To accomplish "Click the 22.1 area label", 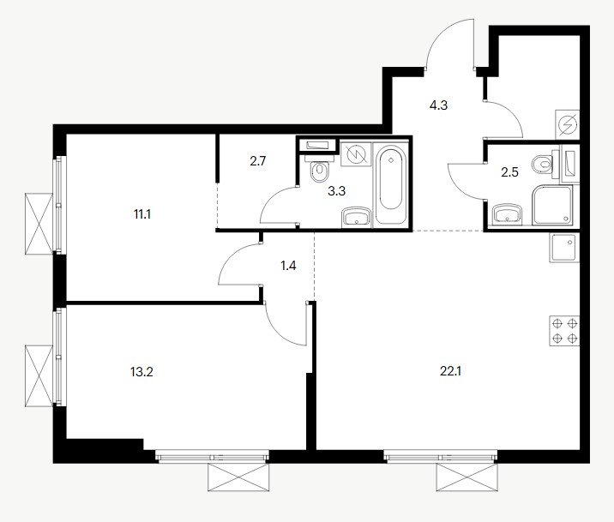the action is (x=450, y=371).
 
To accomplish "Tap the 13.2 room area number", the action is (x=141, y=372).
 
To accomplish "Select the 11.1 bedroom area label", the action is (x=142, y=214).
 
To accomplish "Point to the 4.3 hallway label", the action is (x=438, y=105).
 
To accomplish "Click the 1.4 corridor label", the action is (x=288, y=266).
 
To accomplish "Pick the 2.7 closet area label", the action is (x=258, y=161).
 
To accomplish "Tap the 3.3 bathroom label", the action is (x=336, y=191).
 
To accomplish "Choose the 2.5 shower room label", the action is (x=510, y=171).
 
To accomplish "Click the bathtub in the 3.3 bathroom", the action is (x=390, y=184).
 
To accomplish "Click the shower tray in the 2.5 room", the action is (x=552, y=205).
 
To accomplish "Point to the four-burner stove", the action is (x=564, y=331).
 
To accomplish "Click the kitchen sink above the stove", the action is (x=564, y=248).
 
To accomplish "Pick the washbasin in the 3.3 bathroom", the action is (x=356, y=217).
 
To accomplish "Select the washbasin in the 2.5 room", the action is (x=507, y=214).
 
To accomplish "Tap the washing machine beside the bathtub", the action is (x=356, y=154).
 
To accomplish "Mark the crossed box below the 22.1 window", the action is (x=467, y=477).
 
